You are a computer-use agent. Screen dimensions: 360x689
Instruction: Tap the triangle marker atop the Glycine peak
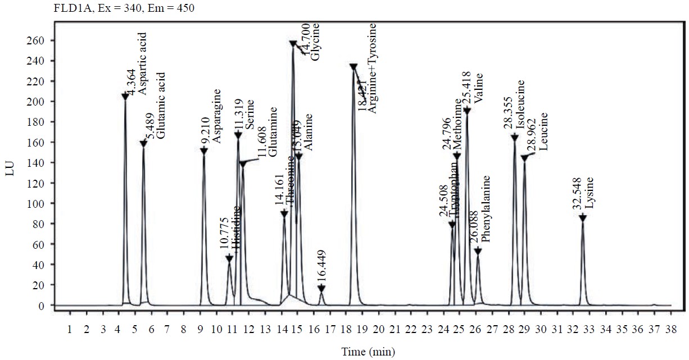293,43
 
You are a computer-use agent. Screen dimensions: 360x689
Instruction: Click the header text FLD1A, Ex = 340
73,8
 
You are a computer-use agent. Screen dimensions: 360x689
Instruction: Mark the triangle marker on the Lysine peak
583,218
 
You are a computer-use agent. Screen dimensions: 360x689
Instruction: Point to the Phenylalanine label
486,209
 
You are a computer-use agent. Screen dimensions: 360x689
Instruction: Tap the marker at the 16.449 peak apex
321,288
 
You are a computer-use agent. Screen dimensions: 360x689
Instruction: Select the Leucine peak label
543,133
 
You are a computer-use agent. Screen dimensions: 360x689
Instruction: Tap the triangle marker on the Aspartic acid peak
125,96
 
